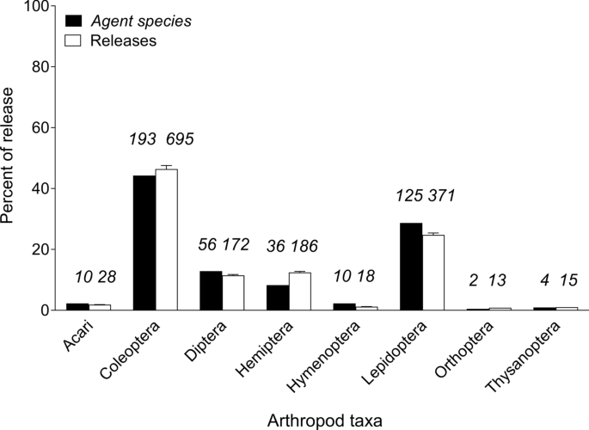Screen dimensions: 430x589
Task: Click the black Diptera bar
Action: (x=211, y=291)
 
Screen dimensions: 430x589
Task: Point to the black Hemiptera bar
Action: (x=278, y=298)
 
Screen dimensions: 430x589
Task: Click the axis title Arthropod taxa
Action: (x=324, y=417)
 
